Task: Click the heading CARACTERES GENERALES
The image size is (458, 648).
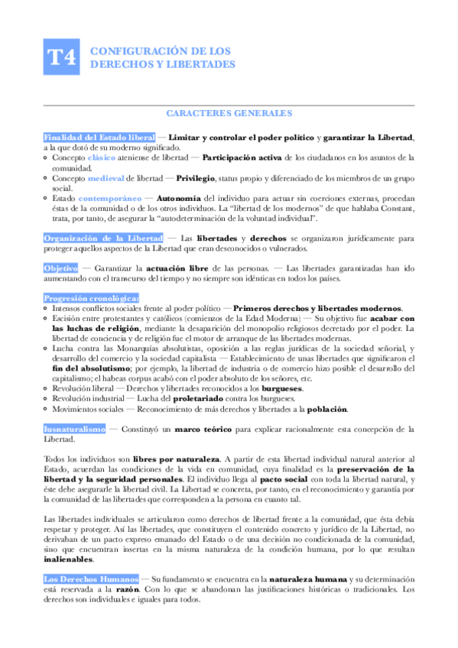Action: click(x=229, y=113)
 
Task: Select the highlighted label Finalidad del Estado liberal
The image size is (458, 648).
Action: click(x=99, y=137)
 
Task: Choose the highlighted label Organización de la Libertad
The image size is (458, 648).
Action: click(x=103, y=238)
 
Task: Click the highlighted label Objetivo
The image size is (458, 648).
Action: click(x=60, y=269)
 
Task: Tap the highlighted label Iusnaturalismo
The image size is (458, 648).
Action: click(x=74, y=429)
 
